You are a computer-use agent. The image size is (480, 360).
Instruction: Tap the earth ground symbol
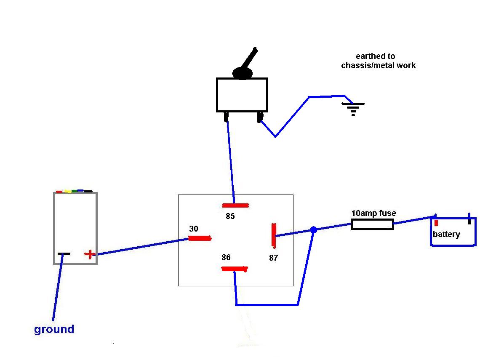pos(353,109)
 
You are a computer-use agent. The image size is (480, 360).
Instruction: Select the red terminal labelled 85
pos(235,205)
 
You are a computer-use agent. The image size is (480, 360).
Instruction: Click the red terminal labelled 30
pos(200,238)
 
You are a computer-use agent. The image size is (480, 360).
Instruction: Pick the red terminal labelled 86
pos(235,269)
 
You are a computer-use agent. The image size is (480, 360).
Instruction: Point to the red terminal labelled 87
pos(274,235)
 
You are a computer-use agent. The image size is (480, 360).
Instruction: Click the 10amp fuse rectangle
pos(372,224)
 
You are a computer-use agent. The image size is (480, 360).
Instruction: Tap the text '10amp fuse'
pos(373,213)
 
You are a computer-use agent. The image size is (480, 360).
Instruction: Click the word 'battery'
pos(446,235)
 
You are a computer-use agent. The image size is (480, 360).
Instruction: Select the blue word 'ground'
pos(54,329)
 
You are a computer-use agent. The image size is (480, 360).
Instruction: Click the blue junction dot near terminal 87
pos(313,230)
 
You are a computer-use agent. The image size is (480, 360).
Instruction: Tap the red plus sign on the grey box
pos(89,254)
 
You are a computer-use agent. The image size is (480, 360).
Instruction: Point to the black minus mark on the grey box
pos(64,253)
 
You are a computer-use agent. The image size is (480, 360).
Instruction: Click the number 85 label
pos(230,216)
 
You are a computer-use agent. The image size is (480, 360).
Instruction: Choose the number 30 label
pos(193,229)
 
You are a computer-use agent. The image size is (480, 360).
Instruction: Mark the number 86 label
pos(226,257)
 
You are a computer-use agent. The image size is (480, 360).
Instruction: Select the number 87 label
pos(274,258)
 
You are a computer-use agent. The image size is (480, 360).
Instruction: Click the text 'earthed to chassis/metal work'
pos(378,61)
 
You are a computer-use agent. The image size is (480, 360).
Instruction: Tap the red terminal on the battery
pos(436,223)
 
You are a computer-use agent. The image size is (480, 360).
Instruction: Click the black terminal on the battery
pos(469,219)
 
